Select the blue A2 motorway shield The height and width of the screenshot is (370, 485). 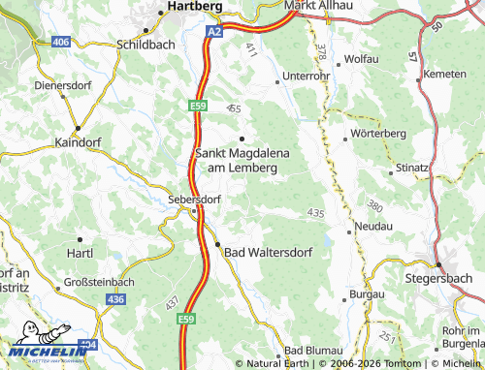pyautogui.click(x=213, y=31)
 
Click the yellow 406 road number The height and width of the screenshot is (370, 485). pyautogui.click(x=60, y=43)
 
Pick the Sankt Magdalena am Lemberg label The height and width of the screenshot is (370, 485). pyautogui.click(x=238, y=160)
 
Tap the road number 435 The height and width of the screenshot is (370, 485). pyautogui.click(x=315, y=212)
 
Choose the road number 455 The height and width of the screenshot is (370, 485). pyautogui.click(x=233, y=109)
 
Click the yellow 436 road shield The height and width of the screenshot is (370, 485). pyautogui.click(x=116, y=300)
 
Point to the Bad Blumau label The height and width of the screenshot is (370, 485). pyautogui.click(x=308, y=350)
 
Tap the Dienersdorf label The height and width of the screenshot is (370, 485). pyautogui.click(x=61, y=84)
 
